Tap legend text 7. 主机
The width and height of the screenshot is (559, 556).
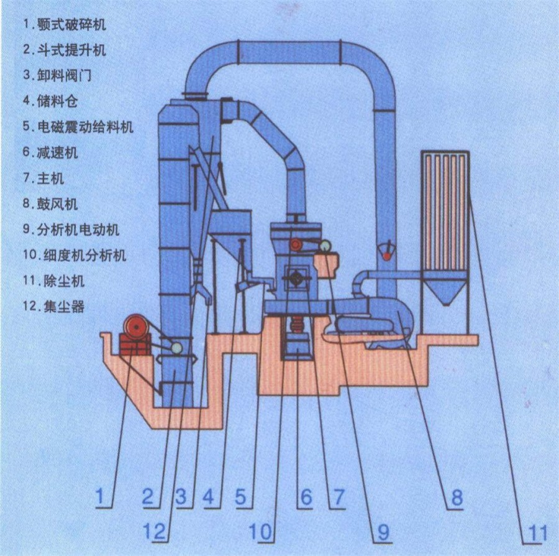point(44,178)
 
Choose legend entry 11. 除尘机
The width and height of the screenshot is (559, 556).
point(53,280)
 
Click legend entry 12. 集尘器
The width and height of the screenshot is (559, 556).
point(53,307)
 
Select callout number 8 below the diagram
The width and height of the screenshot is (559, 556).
point(457,497)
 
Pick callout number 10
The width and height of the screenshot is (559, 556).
point(260,532)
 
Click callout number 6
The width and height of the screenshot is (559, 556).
point(306,497)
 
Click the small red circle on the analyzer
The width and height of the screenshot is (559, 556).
point(297,244)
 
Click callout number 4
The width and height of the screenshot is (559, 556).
point(209,497)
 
